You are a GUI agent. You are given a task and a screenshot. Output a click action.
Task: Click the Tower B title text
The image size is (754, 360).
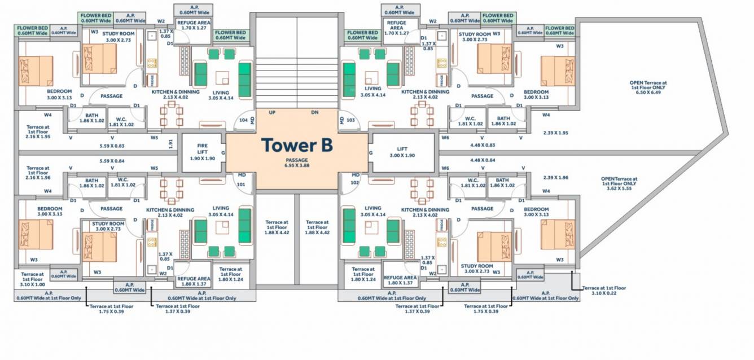click(x=297, y=145)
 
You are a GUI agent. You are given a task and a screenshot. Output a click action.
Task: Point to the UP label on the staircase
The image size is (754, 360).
click(x=272, y=113)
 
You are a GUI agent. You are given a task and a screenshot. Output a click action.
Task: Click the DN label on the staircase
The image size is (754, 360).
click(x=315, y=113)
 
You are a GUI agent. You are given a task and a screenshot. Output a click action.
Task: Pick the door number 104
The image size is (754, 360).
click(x=243, y=120)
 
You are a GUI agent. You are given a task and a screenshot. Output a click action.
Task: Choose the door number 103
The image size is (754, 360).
click(x=350, y=120)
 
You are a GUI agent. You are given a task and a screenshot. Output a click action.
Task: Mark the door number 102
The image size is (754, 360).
click(x=355, y=183)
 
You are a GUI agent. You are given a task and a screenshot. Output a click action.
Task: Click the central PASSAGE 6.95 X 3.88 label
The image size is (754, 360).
click(x=297, y=163)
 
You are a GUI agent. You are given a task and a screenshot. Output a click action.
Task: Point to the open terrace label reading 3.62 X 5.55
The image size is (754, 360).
click(x=619, y=185)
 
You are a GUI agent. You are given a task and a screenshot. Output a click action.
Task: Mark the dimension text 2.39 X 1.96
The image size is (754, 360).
click(x=555, y=178)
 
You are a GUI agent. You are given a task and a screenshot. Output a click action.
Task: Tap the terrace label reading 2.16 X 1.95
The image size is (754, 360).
click(x=38, y=131)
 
